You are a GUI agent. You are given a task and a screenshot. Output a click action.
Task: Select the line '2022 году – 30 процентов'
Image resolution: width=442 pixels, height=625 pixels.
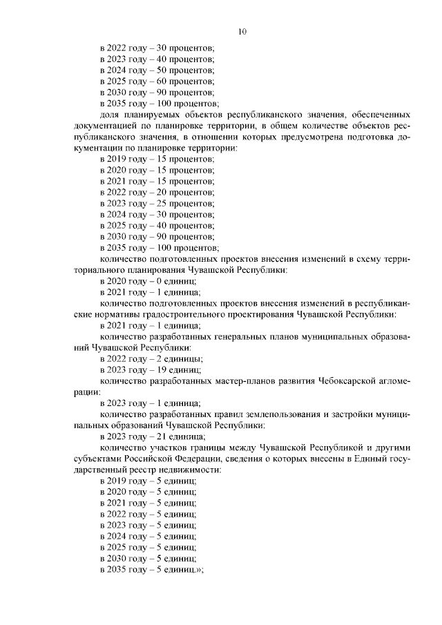click(x=157, y=48)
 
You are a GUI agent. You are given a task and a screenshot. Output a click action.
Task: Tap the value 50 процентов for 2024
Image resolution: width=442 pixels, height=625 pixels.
click(x=190, y=70)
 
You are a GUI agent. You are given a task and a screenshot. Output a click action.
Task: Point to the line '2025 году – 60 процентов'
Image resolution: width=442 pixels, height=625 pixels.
click(x=157, y=81)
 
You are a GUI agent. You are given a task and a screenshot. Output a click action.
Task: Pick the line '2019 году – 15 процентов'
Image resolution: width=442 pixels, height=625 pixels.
click(x=157, y=159)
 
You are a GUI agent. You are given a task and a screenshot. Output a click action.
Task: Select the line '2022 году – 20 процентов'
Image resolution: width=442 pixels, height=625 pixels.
click(x=157, y=192)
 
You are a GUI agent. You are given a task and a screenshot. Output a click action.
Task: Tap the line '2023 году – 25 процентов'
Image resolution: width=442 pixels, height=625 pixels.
click(x=157, y=203)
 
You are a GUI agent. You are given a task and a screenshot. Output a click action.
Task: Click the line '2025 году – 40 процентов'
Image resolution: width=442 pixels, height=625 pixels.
click(x=157, y=225)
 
